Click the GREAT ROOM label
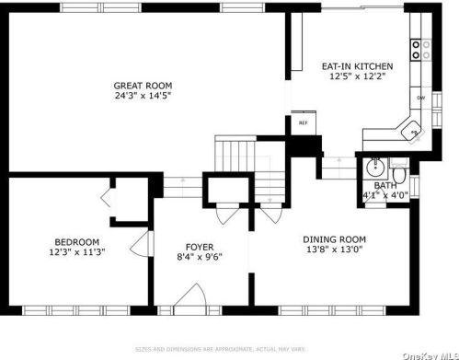click(x=143, y=85)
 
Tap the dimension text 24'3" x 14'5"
click(x=143, y=95)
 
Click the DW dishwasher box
click(x=420, y=97)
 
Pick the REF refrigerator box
click(x=303, y=122)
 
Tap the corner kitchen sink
click(x=413, y=133)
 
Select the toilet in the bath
click(x=399, y=174)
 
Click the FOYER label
click(x=200, y=246)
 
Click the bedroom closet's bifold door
click(x=106, y=199)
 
